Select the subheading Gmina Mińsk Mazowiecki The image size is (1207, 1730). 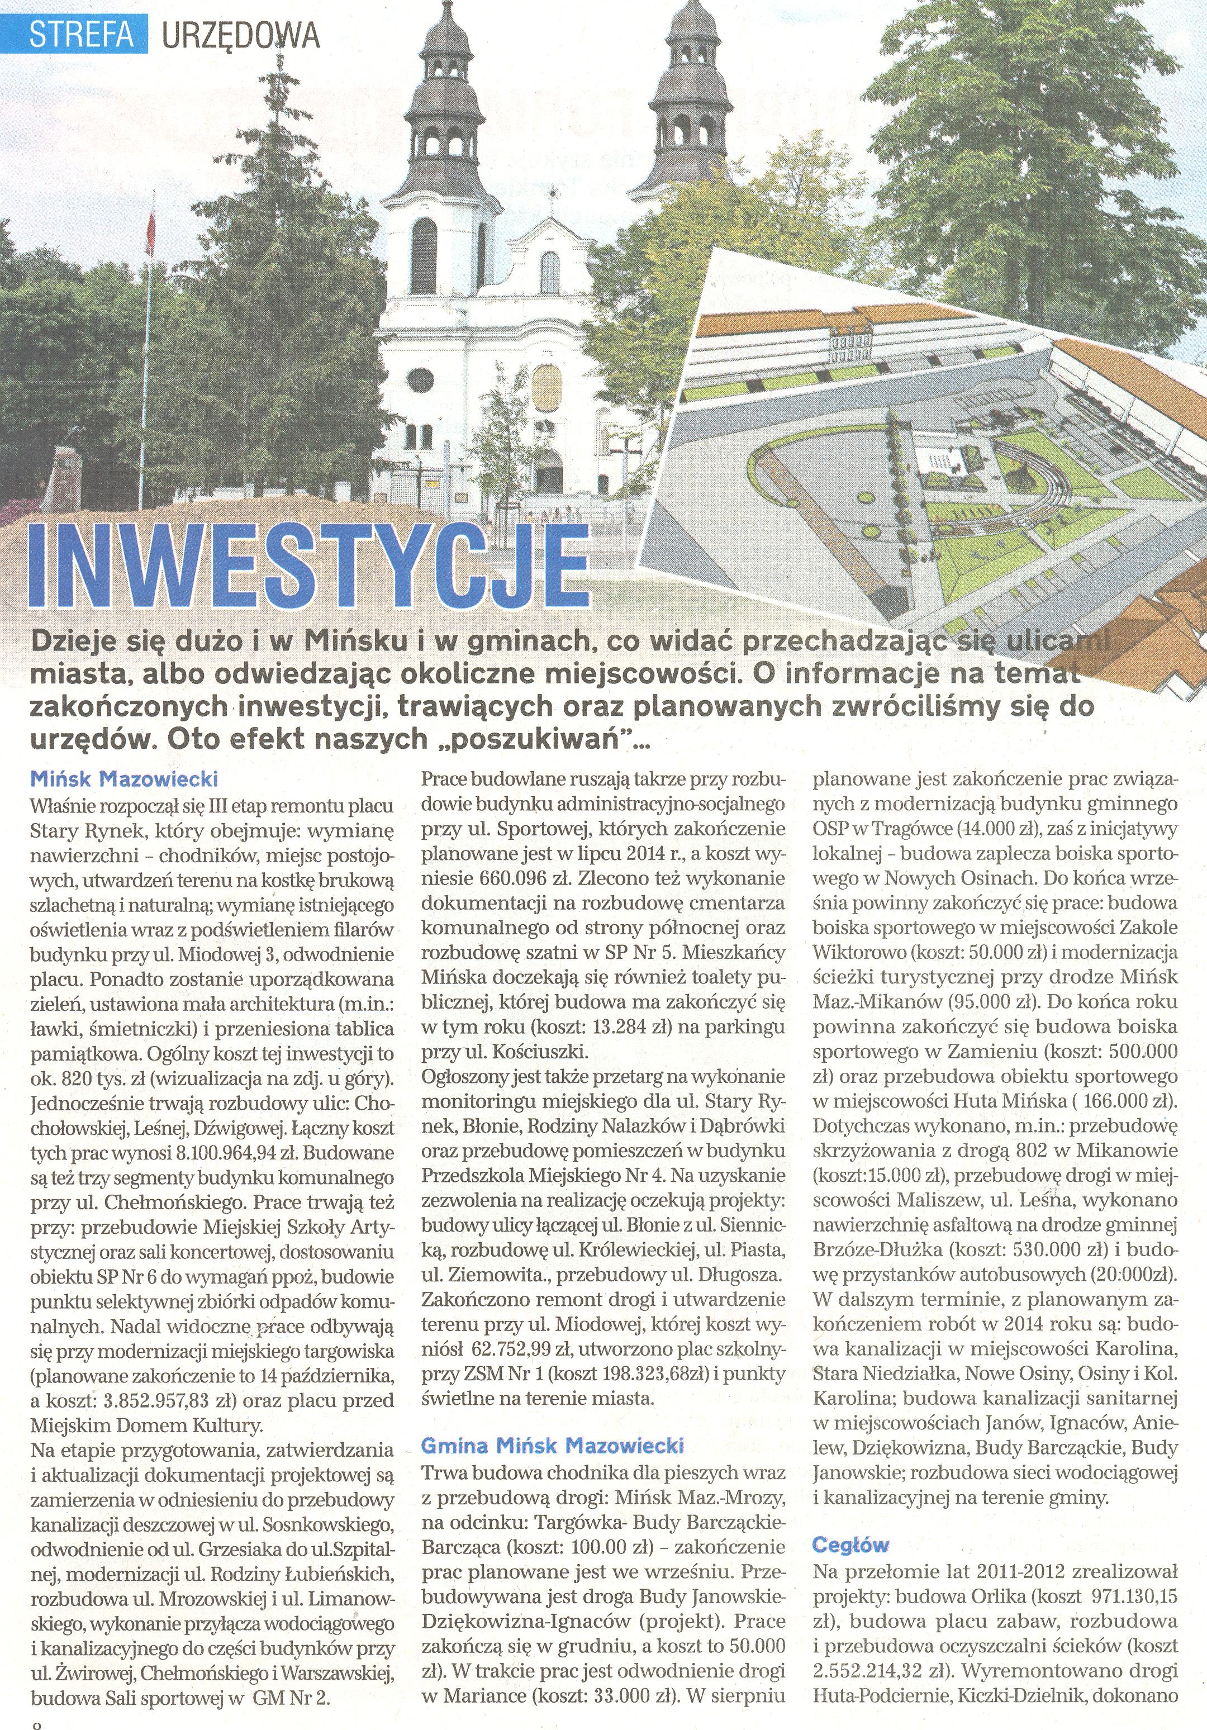pyautogui.click(x=552, y=1445)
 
